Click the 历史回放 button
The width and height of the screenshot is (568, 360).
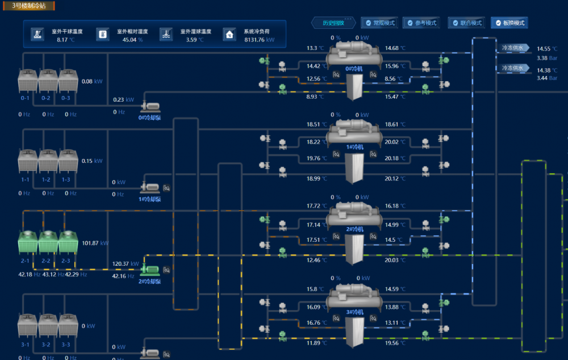tap(333, 23)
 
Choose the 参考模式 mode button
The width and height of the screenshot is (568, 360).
tap(421, 23)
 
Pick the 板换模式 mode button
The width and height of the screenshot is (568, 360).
tap(509, 23)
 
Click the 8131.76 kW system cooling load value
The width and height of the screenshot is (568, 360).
tap(259, 40)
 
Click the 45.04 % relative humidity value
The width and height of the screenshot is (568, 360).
tap(132, 40)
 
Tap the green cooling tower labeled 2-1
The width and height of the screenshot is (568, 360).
tap(27, 242)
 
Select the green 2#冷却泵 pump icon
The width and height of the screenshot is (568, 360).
tap(150, 270)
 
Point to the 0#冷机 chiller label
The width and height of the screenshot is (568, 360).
tap(354, 69)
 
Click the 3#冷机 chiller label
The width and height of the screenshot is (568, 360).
tap(354, 312)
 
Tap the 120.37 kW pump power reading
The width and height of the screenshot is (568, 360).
tap(126, 264)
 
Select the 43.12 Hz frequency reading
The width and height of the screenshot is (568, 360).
tap(49, 275)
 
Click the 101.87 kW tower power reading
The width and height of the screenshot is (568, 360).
tap(94, 243)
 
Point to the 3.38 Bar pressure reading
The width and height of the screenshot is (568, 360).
tap(547, 58)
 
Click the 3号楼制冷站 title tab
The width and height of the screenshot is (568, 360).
tap(29, 6)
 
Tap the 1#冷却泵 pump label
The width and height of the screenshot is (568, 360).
tap(150, 199)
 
